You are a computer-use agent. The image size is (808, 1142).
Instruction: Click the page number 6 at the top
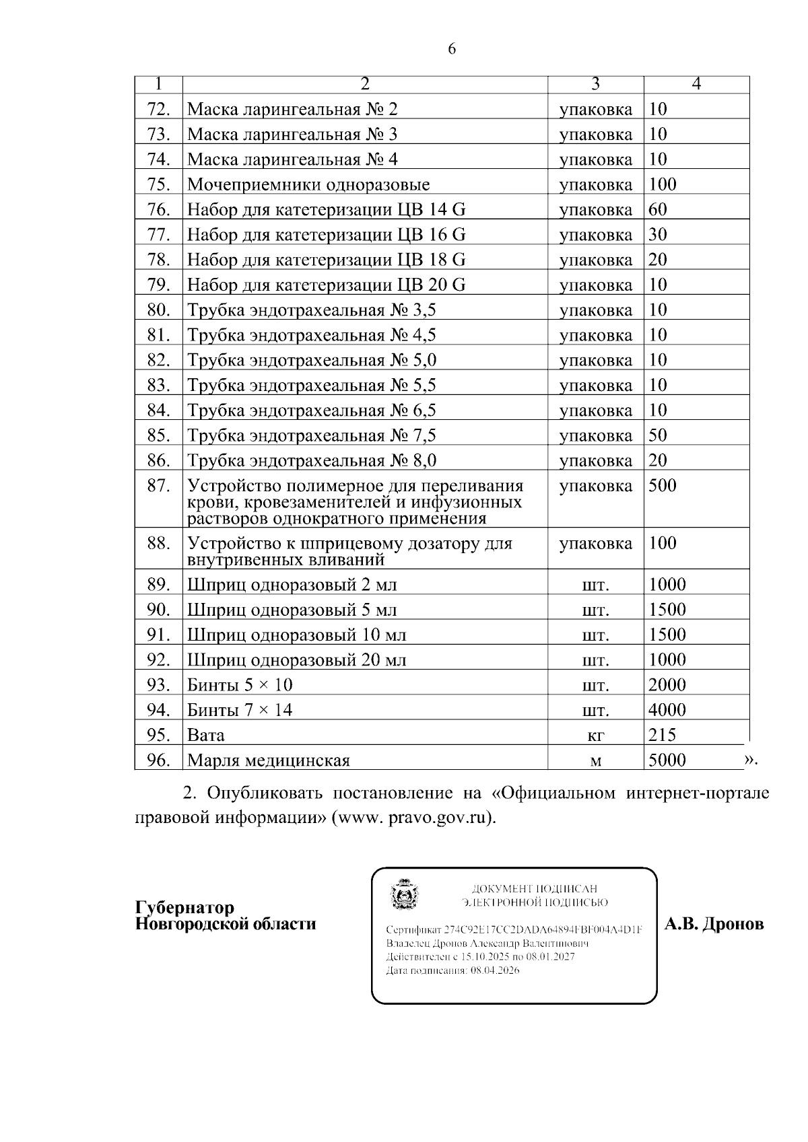point(452,48)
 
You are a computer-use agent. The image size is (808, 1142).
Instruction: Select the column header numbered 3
point(595,84)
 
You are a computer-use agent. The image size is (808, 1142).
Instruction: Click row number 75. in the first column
point(158,184)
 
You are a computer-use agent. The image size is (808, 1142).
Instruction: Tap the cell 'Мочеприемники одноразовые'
point(308,184)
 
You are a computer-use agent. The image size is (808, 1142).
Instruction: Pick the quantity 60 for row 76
point(658,209)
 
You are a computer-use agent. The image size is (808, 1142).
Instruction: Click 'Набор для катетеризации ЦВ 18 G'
point(326,260)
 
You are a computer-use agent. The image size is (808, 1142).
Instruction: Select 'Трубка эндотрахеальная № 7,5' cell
point(311,435)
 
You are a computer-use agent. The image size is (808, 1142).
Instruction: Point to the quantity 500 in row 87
point(663,485)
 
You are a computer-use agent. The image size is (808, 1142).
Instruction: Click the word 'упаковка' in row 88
point(595,544)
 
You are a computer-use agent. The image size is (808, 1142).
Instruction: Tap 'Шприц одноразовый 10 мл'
point(296,635)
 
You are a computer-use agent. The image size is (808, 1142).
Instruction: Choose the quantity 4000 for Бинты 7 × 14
point(667,710)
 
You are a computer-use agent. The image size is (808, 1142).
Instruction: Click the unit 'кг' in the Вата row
point(595,736)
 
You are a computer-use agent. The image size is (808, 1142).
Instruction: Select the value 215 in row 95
point(662,735)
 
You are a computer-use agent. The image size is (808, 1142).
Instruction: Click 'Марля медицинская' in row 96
point(268,760)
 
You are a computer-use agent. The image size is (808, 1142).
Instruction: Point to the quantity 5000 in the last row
point(667,760)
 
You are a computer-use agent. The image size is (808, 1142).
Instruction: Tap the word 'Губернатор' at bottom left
point(184,907)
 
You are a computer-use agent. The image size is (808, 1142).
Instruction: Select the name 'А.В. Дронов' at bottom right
point(714,924)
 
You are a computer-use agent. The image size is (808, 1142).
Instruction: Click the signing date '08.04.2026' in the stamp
point(495,970)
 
